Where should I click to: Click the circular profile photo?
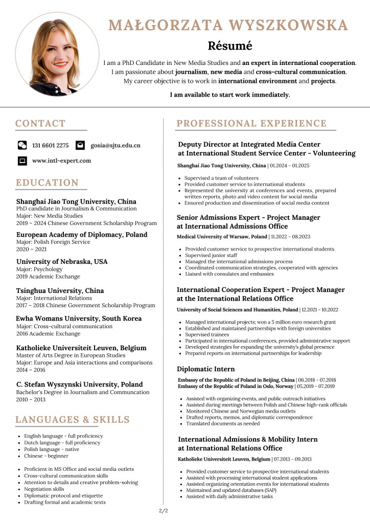[x=57, y=54]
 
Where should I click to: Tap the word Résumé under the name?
[x=230, y=46]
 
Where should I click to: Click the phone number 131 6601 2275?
[x=50, y=145]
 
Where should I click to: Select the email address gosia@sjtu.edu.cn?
[x=115, y=145]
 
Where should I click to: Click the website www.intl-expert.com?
[x=61, y=161]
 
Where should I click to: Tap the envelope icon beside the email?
[x=80, y=145]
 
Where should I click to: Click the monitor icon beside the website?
[x=22, y=161]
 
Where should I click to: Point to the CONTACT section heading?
[x=40, y=123]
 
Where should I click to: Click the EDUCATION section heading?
[x=47, y=183]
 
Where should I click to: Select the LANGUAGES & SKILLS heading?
[x=73, y=420]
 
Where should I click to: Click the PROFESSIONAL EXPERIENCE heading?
[x=251, y=123]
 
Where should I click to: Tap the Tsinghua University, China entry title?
[x=60, y=290]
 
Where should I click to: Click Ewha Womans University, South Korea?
[x=79, y=319]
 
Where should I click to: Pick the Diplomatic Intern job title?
[x=206, y=369]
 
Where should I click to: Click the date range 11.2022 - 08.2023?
[x=290, y=237]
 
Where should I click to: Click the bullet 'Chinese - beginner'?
[x=47, y=456]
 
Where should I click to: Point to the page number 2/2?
[x=164, y=510]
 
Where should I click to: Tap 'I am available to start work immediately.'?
[x=230, y=95]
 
